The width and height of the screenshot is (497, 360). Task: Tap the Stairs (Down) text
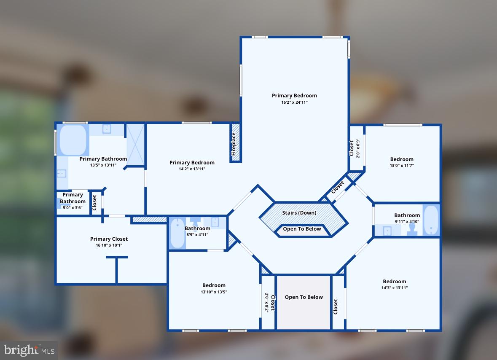pyautogui.click(x=299, y=213)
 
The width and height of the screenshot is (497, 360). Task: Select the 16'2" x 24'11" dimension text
pyautogui.click(x=294, y=102)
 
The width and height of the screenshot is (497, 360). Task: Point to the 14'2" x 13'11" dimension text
pyautogui.click(x=192, y=169)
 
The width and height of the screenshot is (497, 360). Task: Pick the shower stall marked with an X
pyautogui.click(x=135, y=144)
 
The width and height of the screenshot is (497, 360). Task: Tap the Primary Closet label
pyautogui.click(x=109, y=239)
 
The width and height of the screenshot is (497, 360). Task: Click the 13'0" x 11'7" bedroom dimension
pyautogui.click(x=402, y=166)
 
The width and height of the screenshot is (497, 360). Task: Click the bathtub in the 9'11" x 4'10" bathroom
pyautogui.click(x=431, y=220)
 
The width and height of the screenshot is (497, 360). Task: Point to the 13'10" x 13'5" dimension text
pyautogui.click(x=214, y=292)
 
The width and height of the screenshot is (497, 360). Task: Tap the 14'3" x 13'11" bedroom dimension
pyautogui.click(x=395, y=288)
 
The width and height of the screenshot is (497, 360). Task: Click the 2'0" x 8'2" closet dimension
pyautogui.click(x=266, y=303)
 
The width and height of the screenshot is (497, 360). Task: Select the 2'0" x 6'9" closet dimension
pyautogui.click(x=358, y=148)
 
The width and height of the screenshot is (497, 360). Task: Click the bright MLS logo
pyautogui.click(x=29, y=350)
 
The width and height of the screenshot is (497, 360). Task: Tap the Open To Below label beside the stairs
pyautogui.click(x=302, y=229)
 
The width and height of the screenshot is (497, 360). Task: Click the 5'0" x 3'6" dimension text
pyautogui.click(x=73, y=208)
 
